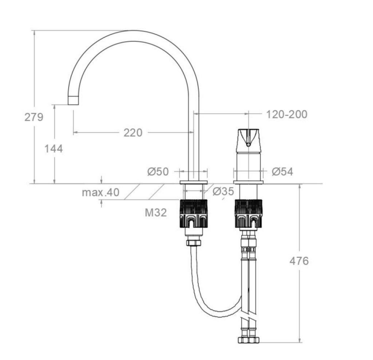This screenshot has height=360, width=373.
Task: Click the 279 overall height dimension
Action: [x=34, y=117]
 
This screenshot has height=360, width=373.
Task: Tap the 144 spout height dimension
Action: [x=54, y=149]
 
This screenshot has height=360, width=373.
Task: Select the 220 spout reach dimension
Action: [x=133, y=133]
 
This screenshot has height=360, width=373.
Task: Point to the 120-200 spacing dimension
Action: [x=287, y=114]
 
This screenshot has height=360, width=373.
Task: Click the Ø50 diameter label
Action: [x=158, y=172]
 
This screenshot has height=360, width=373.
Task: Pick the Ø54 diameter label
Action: [x=282, y=172]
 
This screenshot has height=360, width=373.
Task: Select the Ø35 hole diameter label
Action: [x=223, y=191]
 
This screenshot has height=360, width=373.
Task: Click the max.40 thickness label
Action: [x=101, y=192]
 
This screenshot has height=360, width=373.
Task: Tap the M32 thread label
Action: [x=156, y=213]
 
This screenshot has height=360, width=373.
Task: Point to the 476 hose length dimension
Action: [x=299, y=261]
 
